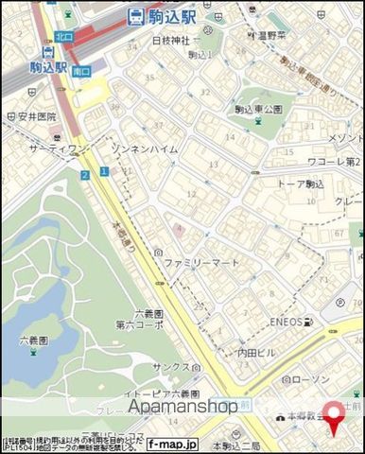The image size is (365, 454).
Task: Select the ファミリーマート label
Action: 201,262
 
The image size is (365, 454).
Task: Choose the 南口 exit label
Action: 83,71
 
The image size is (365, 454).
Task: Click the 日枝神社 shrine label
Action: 170,41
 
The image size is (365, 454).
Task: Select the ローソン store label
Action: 308,380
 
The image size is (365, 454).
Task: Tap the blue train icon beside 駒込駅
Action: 135,16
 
